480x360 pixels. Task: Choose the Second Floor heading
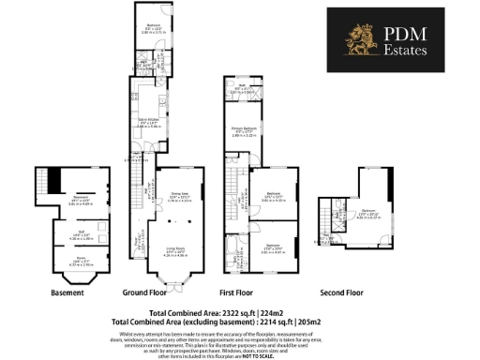(341, 292)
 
